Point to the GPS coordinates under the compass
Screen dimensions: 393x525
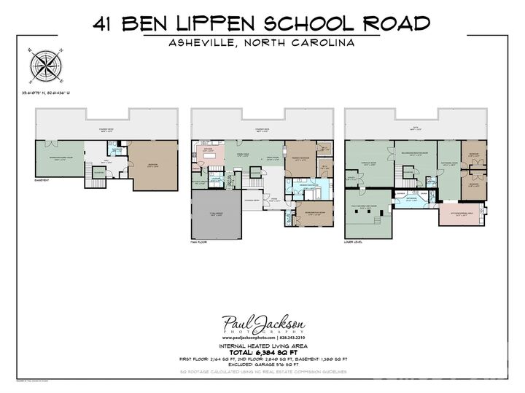coord(50,93)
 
